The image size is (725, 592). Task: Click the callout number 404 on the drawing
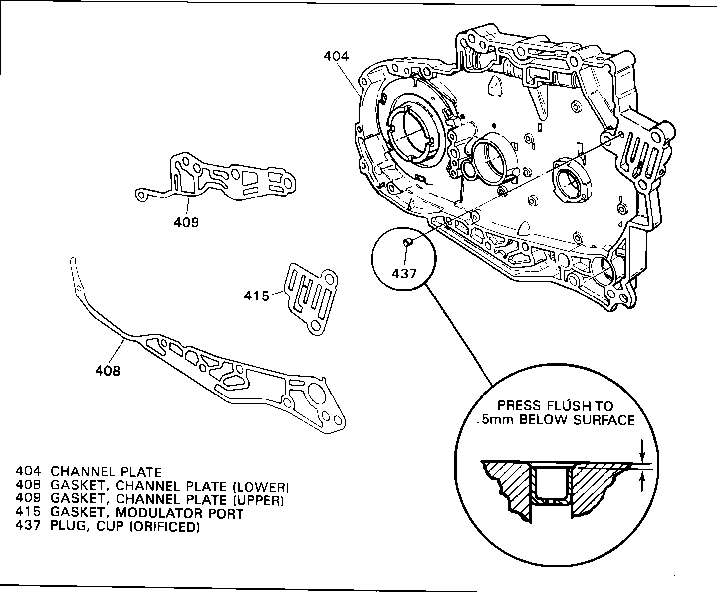(x=336, y=56)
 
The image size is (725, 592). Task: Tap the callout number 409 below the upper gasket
(x=186, y=222)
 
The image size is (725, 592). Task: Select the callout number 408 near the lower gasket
(x=108, y=370)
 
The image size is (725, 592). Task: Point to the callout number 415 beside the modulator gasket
(x=256, y=296)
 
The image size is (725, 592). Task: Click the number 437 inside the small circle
(x=404, y=273)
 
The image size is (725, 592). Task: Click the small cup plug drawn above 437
(x=407, y=242)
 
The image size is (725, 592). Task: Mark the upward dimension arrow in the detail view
(x=643, y=480)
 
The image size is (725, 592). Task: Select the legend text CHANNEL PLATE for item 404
(x=107, y=472)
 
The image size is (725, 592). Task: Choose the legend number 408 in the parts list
(x=28, y=486)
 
